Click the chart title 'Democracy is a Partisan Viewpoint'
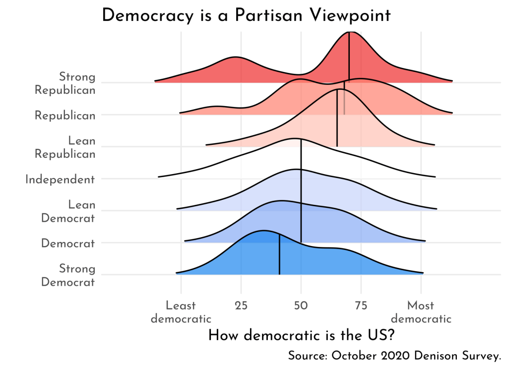click(x=246, y=15)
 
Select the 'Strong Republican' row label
click(x=64, y=83)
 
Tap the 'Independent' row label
click(x=60, y=180)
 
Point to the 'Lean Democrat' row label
click(x=68, y=211)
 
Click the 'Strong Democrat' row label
click(x=68, y=275)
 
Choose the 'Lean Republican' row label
click(x=65, y=147)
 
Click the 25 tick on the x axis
click(x=241, y=306)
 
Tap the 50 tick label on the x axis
click(x=301, y=306)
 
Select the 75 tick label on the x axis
click(x=361, y=306)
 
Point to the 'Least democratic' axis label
click(x=181, y=312)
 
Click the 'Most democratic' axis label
click(x=421, y=312)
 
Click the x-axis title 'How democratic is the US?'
click(x=301, y=336)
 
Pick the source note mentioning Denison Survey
click(x=394, y=356)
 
